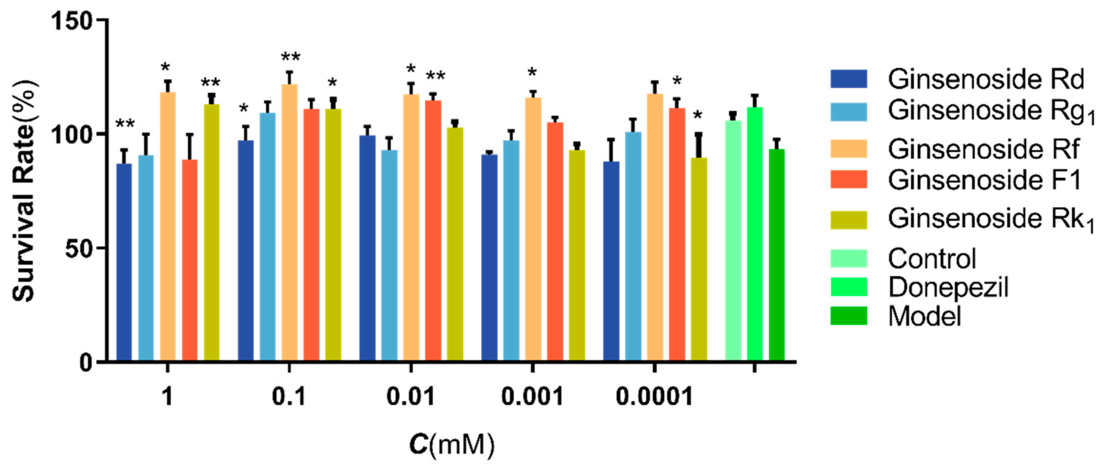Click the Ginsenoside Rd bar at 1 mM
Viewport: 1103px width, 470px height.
[x=124, y=261]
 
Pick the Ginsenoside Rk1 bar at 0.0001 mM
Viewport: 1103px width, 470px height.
[x=699, y=259]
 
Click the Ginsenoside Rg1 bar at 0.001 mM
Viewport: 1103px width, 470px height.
[x=511, y=251]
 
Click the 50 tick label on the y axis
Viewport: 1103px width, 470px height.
[x=79, y=248]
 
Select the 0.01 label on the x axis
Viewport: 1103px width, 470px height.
[x=411, y=396]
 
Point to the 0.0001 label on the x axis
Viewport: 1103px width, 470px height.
[x=654, y=396]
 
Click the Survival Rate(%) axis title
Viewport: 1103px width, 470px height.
[x=25, y=191]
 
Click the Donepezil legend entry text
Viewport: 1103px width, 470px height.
[x=948, y=287]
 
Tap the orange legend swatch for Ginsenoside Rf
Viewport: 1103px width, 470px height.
[x=849, y=149]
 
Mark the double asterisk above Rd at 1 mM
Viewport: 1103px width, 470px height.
[x=125, y=124]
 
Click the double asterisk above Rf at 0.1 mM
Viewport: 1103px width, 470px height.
[x=291, y=57]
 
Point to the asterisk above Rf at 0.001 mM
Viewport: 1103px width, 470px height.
[x=532, y=72]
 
